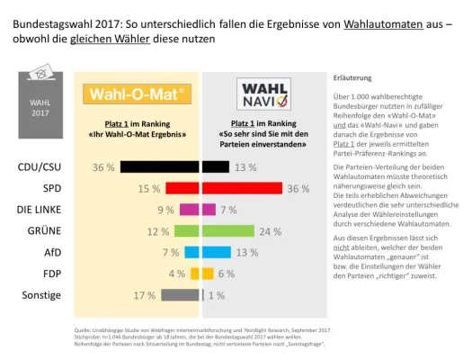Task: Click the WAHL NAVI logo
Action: tap(262, 92)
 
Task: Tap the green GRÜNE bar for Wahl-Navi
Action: tap(228, 231)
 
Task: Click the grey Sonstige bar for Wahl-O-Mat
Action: tap(182, 294)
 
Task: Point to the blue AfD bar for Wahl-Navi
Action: tap(216, 252)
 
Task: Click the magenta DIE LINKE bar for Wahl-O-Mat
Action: tap(189, 210)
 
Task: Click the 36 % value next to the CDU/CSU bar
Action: tap(104, 167)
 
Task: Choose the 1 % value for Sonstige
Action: tap(216, 294)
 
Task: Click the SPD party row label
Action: tap(52, 189)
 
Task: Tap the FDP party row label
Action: tap(52, 273)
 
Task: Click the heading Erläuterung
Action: tap(352, 77)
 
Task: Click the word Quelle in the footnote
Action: tap(84, 330)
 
